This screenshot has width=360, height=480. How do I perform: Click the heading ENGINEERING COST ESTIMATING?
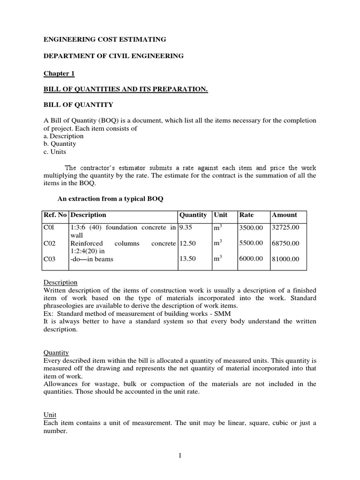coord(105,40)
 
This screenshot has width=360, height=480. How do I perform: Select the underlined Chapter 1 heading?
coord(59,74)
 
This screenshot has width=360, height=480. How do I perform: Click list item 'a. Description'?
coord(63,136)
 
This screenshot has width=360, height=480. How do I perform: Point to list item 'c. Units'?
coord(55,151)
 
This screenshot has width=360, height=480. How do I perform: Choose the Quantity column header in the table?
coord(193,215)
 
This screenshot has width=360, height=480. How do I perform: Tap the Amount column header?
coord(285,215)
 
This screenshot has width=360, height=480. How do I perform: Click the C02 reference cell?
coord(50,243)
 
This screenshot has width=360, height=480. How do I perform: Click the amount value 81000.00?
coord(285,259)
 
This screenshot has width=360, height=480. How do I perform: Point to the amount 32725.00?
coord(285,227)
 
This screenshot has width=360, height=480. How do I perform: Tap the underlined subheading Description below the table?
coord(60,283)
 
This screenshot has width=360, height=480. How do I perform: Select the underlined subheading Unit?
coord(50,415)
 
